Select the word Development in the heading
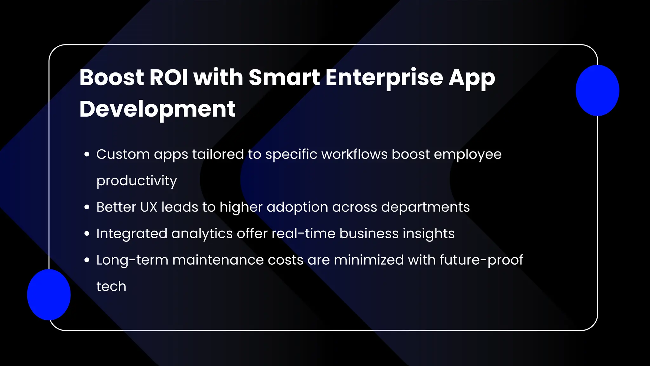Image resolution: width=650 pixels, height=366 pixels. pyautogui.click(x=157, y=109)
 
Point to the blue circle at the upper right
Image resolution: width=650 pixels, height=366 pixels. pyautogui.click(x=597, y=90)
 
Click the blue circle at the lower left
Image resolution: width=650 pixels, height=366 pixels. pyautogui.click(x=49, y=295)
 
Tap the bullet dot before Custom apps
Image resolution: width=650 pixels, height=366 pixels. pyautogui.click(x=87, y=155)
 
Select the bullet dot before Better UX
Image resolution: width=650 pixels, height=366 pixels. pyautogui.click(x=87, y=207)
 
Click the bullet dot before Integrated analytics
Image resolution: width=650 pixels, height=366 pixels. pyautogui.click(x=87, y=234)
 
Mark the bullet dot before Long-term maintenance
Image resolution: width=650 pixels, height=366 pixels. pyautogui.click(x=87, y=260)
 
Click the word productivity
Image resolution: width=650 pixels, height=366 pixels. pyautogui.click(x=136, y=181)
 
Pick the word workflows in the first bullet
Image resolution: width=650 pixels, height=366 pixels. pyautogui.click(x=354, y=154)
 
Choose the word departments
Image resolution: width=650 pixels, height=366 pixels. pyautogui.click(x=425, y=207)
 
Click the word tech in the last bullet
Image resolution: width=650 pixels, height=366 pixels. pyautogui.click(x=111, y=286)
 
